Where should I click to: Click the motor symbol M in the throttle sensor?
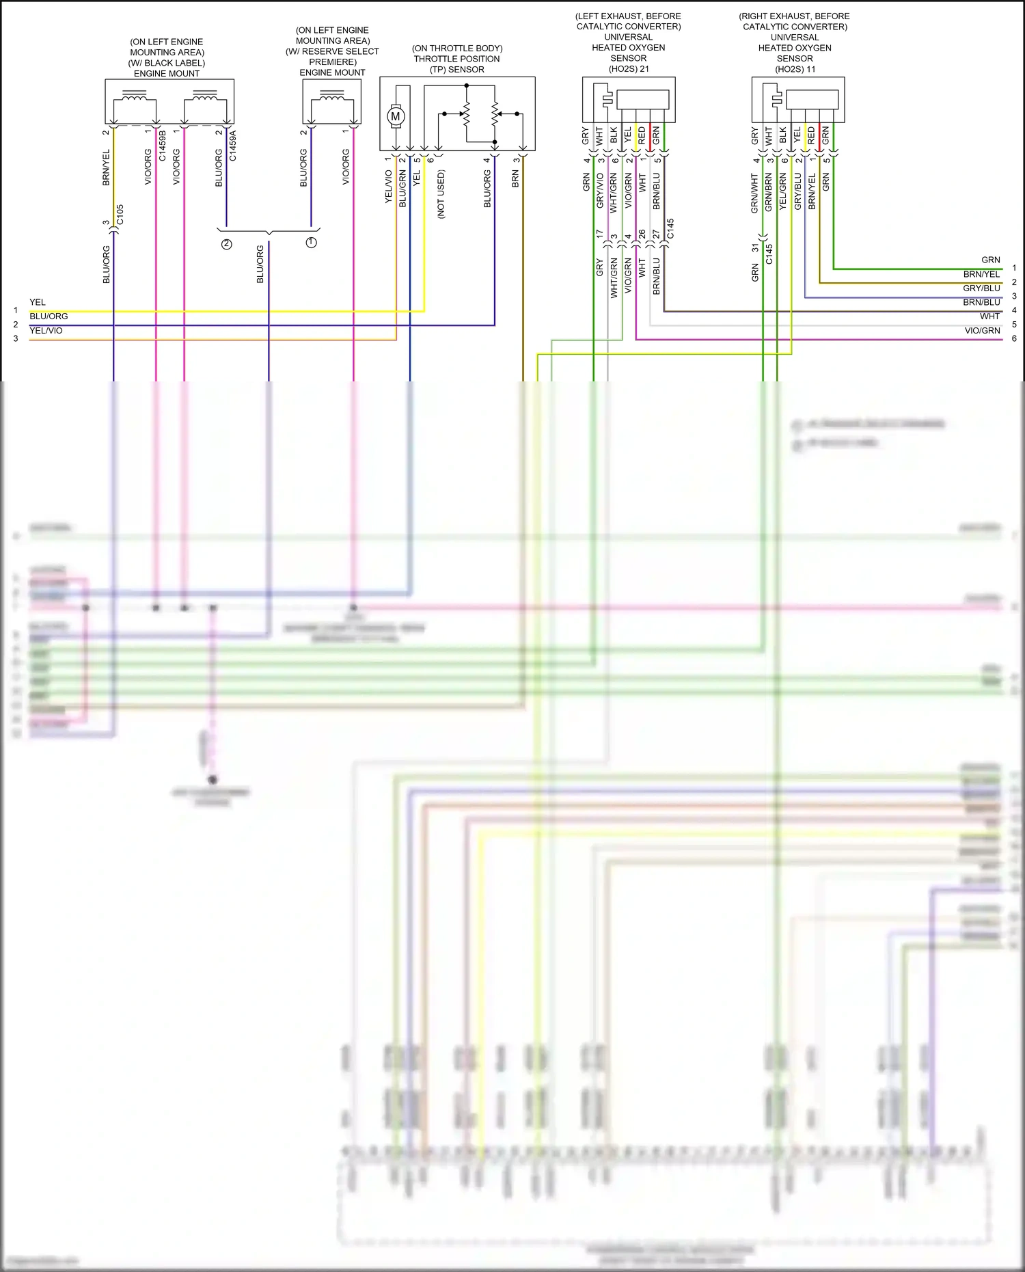(395, 117)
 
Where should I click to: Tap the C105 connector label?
(120, 215)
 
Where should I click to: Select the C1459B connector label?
(163, 146)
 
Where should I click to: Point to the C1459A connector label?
(233, 146)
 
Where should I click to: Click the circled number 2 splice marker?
(226, 244)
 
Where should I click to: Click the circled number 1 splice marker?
(312, 243)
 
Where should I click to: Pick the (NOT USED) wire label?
(441, 194)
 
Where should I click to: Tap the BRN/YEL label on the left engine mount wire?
(106, 167)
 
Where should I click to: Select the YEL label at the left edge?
(38, 302)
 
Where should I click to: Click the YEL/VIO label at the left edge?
(46, 331)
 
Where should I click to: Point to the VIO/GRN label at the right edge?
(982, 331)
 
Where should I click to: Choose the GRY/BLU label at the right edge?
(981, 288)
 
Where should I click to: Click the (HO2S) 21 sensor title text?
(629, 69)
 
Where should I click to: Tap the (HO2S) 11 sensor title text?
(795, 69)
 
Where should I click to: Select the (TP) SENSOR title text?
(456, 70)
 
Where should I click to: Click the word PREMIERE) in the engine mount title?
(333, 62)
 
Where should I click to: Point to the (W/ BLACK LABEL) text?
(167, 63)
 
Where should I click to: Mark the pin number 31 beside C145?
(755, 248)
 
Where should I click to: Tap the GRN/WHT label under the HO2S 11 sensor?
(755, 193)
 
